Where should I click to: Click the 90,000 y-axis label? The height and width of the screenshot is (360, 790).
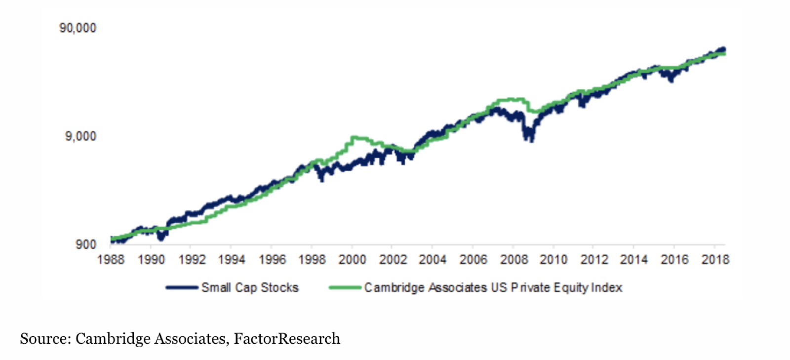tap(78, 28)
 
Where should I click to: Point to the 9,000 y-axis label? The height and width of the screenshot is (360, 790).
tap(80, 136)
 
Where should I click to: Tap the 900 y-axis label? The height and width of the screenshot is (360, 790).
tap(85, 244)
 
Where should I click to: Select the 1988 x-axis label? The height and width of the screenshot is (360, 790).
tap(111, 260)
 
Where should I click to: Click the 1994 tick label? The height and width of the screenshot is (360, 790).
tap(232, 260)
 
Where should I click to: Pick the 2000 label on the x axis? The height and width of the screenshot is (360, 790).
tap(352, 260)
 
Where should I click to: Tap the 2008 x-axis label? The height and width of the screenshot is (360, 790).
tap(513, 260)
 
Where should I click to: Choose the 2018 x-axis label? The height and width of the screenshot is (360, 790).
tap(715, 260)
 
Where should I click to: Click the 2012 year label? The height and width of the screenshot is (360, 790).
tap(594, 260)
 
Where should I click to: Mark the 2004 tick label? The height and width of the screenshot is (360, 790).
tap(433, 260)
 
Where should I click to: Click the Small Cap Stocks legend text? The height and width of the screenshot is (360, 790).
tap(250, 287)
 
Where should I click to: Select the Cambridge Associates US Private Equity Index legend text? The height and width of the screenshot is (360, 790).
tap(493, 287)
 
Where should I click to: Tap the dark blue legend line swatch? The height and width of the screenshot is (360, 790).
tap(182, 287)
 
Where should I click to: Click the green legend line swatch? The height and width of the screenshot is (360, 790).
tap(345, 287)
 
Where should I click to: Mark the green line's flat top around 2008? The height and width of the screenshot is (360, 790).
tap(511, 100)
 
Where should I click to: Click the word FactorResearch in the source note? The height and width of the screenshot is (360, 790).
tap(287, 339)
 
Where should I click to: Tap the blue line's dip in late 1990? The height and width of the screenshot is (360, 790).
tap(160, 238)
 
